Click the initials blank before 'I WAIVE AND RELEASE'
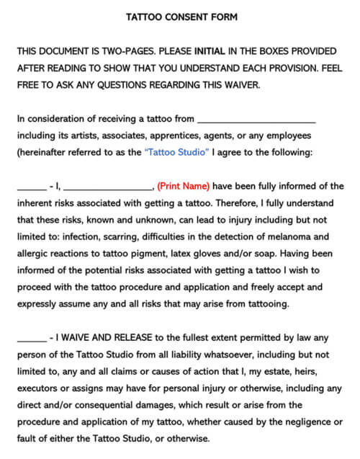(30, 341)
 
